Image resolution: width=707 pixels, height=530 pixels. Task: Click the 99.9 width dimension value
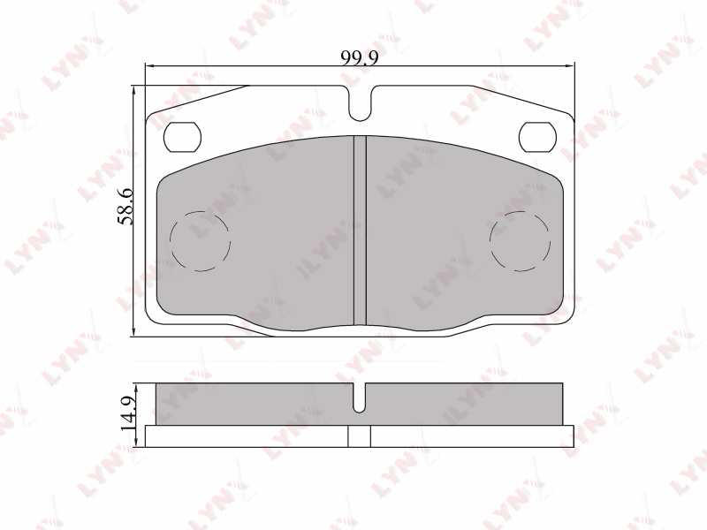360,57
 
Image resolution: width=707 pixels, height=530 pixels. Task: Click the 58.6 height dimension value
125,207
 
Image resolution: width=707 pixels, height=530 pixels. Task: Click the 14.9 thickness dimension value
128,413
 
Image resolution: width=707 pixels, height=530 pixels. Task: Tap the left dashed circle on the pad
201,241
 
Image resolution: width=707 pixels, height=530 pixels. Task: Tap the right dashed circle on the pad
521,241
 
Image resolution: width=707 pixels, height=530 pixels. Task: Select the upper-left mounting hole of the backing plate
182,137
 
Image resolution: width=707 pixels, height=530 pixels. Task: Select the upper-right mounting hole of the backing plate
537,137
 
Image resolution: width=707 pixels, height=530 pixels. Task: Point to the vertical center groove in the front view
360,231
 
